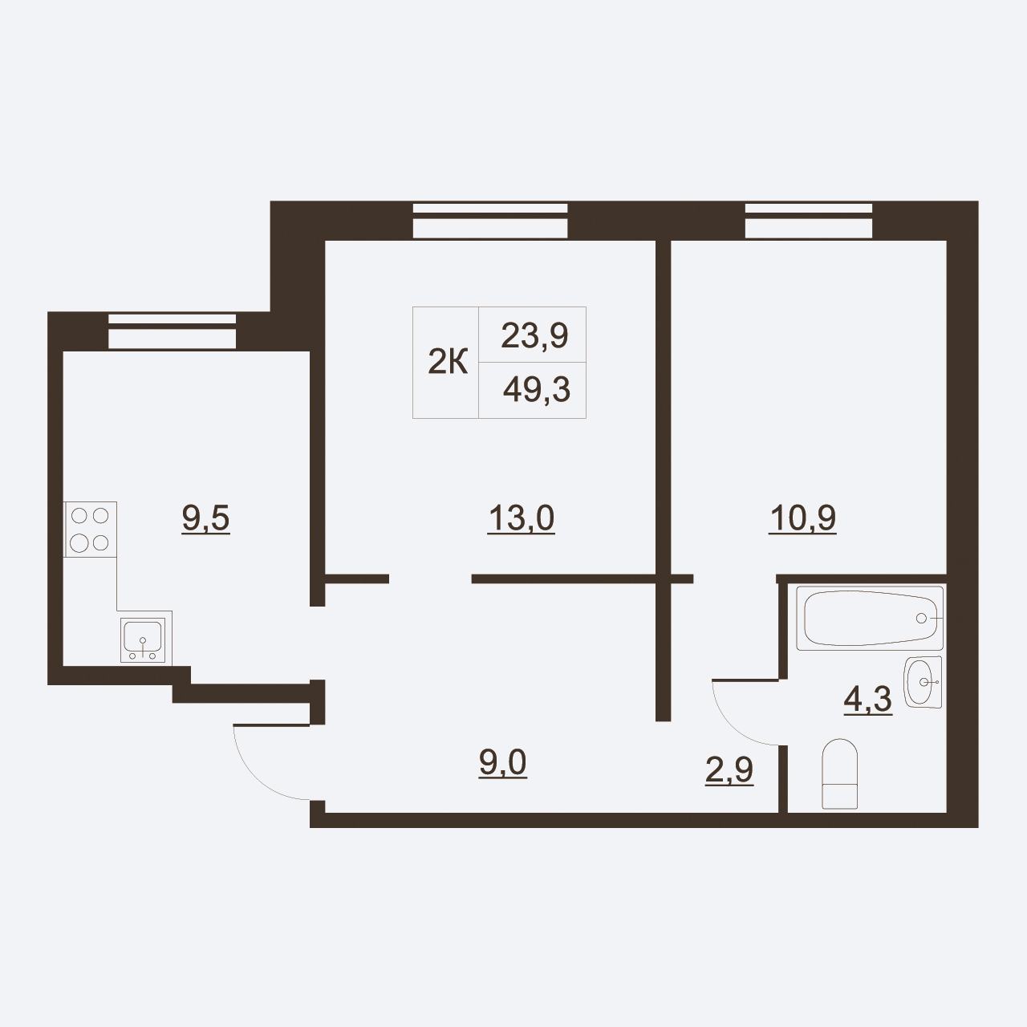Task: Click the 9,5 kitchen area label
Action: pyautogui.click(x=205, y=519)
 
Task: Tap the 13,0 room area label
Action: pyautogui.click(x=522, y=519)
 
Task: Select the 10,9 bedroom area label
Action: pyautogui.click(x=802, y=519)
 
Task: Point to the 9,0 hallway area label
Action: pyautogui.click(x=502, y=763)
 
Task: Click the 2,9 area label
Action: pyautogui.click(x=729, y=770)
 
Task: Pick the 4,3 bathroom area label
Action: pyautogui.click(x=867, y=700)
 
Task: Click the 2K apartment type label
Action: pyautogui.click(x=448, y=362)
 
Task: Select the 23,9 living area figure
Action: pyautogui.click(x=534, y=335)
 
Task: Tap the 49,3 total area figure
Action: pyautogui.click(x=537, y=390)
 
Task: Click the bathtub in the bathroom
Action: pyautogui.click(x=870, y=619)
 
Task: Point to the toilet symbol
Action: pyautogui.click(x=840, y=773)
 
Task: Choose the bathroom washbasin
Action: pyautogui.click(x=923, y=682)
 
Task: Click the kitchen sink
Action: pyautogui.click(x=142, y=640)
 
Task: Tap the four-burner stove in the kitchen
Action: pyautogui.click(x=90, y=530)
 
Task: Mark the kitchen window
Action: pyautogui.click(x=173, y=331)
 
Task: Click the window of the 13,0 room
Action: pyautogui.click(x=489, y=220)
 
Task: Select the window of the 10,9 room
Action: pyautogui.click(x=809, y=220)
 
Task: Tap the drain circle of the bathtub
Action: pyautogui.click(x=921, y=619)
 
